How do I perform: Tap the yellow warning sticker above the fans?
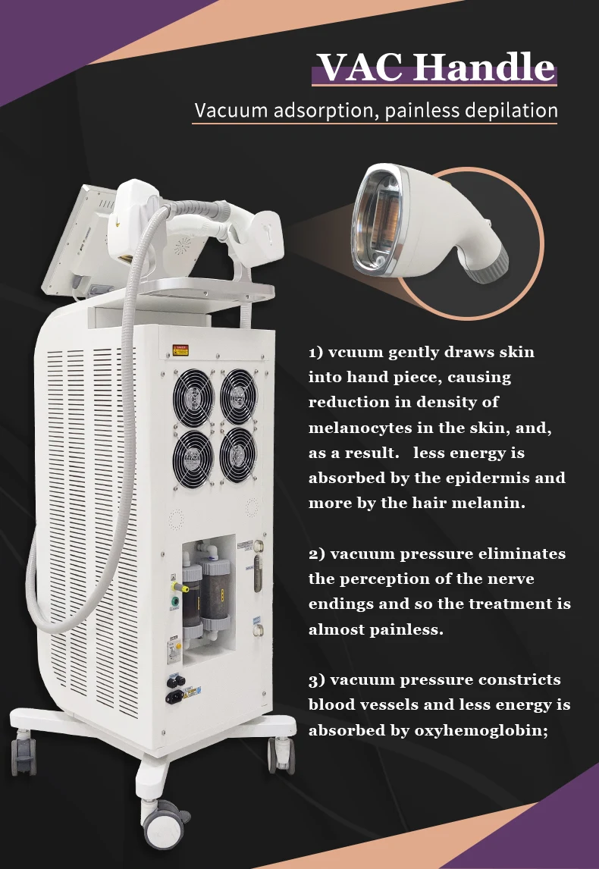click(181, 350)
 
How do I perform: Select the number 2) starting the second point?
click(316, 554)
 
